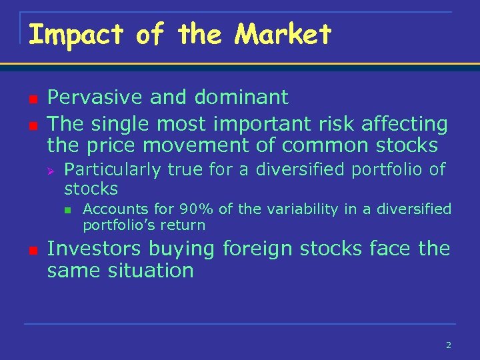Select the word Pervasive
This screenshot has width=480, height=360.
(x=95, y=97)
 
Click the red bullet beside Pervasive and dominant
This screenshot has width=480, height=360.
(x=30, y=99)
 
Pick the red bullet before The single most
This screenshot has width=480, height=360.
(x=30, y=125)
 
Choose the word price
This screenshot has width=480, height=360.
(x=108, y=145)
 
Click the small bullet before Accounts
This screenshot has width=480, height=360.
(x=67, y=211)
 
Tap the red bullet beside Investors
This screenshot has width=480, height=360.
(x=30, y=250)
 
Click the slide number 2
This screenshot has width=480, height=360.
(x=448, y=345)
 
